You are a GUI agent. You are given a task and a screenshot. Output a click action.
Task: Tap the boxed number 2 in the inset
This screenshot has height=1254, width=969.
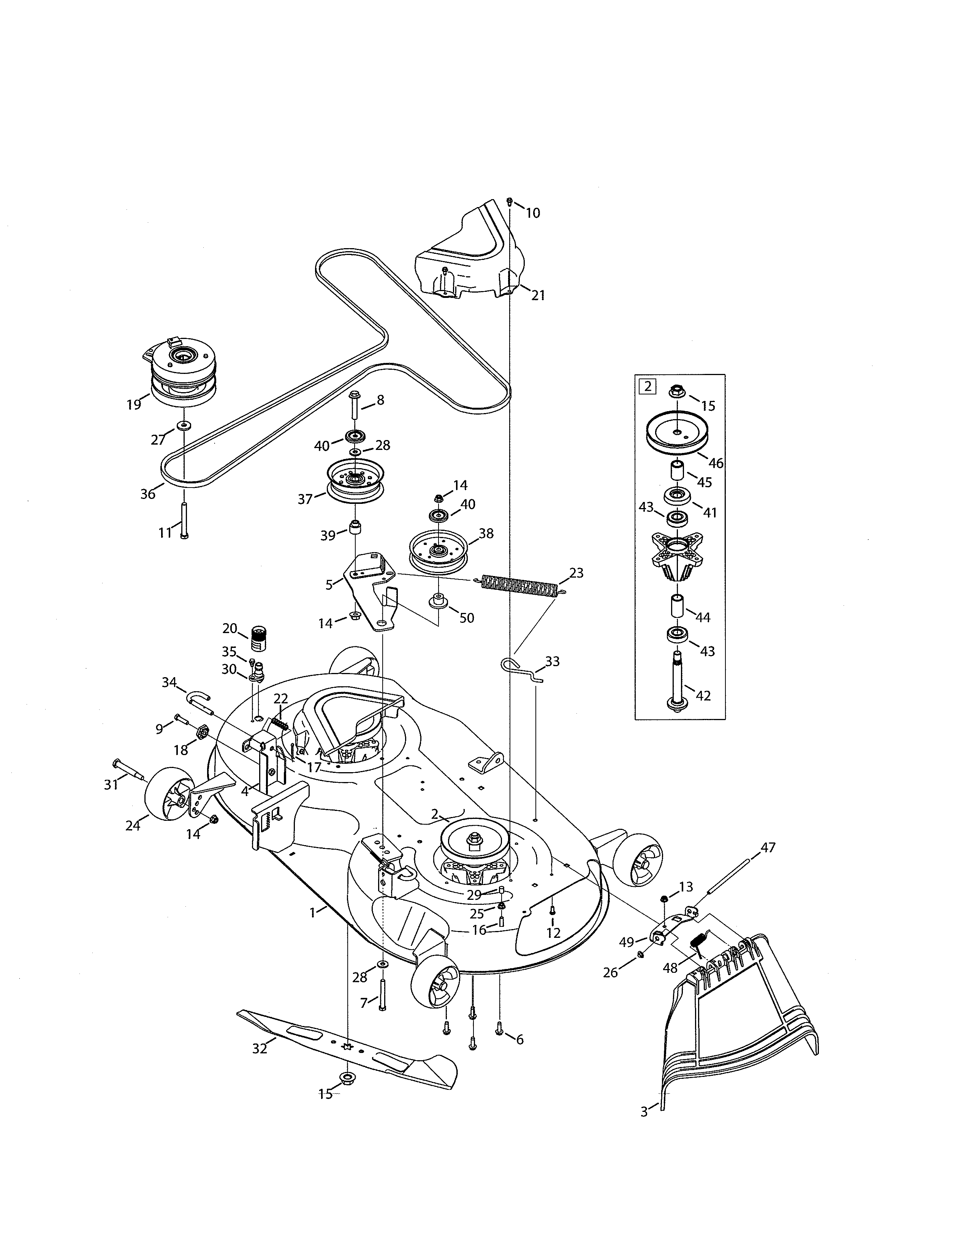[648, 386]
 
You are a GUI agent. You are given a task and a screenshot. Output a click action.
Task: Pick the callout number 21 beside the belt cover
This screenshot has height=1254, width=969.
[537, 295]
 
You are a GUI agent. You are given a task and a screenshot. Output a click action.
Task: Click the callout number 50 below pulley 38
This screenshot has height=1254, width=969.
[467, 618]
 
